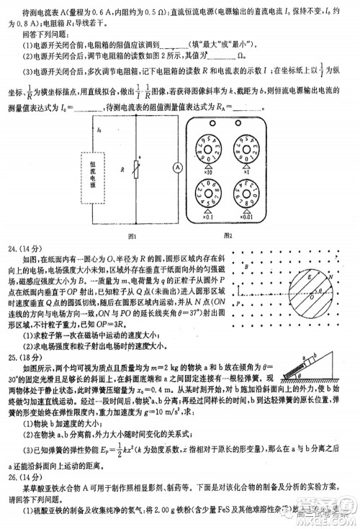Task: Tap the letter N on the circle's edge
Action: tap(329, 274)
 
